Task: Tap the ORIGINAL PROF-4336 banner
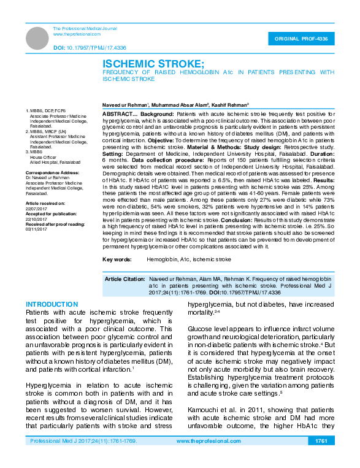click(301, 39)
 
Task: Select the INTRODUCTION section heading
click(52, 304)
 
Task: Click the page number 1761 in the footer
click(321, 458)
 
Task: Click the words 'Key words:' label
click(117, 260)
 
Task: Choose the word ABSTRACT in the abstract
click(115, 115)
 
